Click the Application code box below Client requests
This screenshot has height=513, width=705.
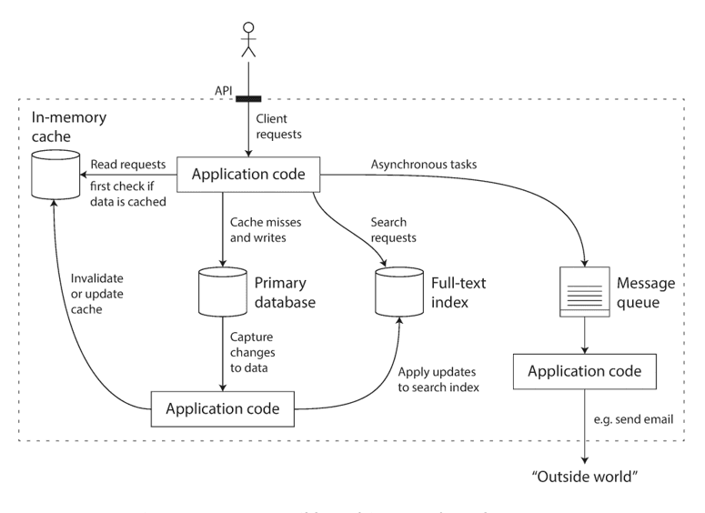(247, 175)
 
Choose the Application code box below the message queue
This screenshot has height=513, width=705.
(583, 371)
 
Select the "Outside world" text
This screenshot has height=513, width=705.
(583, 478)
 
